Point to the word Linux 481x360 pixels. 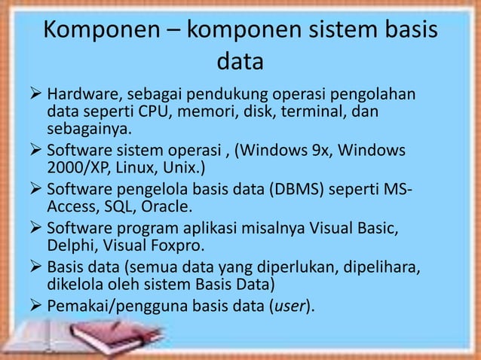click(133, 166)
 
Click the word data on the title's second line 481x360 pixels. click(240, 59)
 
